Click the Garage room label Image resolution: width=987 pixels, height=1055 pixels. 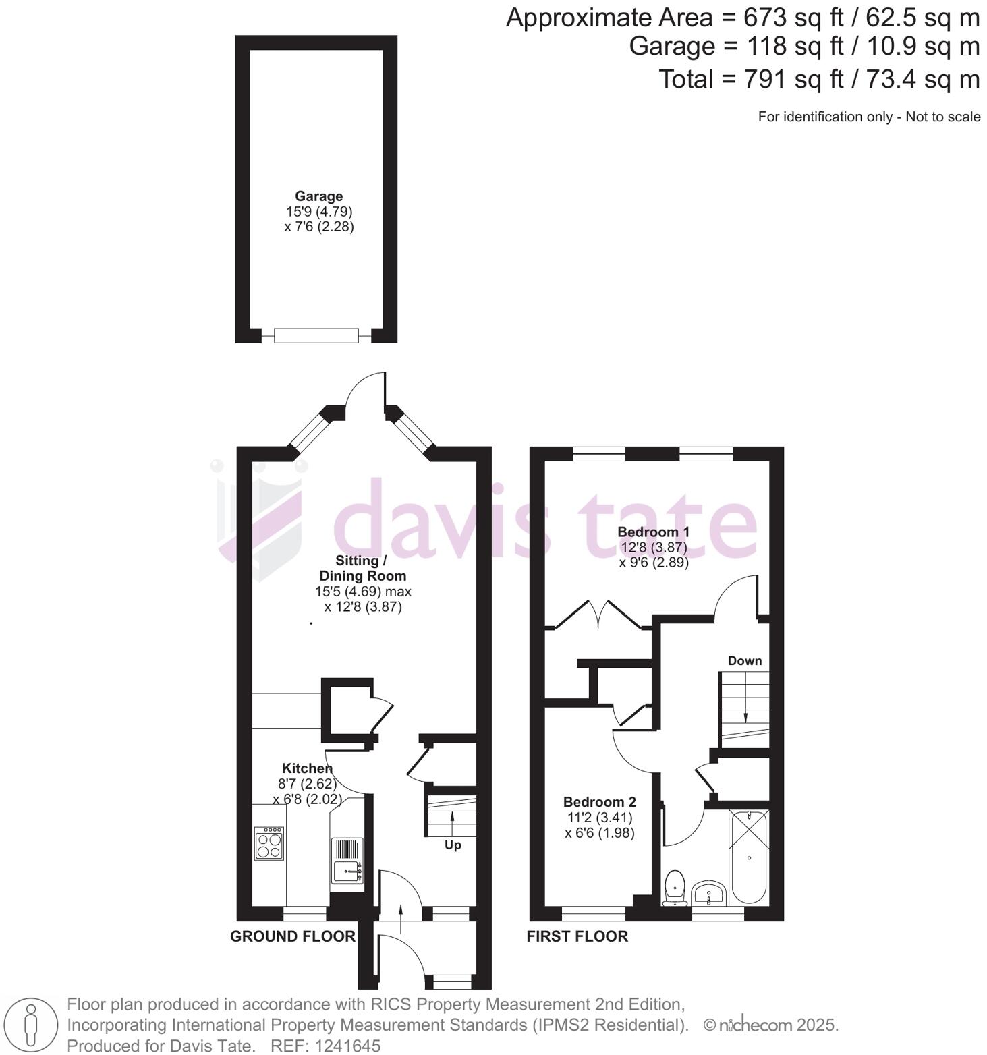click(318, 196)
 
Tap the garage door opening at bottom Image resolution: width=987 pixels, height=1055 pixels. click(316, 335)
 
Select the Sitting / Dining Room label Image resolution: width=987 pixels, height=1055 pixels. click(362, 568)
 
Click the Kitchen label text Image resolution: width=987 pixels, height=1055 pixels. click(307, 768)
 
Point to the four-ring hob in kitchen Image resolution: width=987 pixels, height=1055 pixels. click(269, 843)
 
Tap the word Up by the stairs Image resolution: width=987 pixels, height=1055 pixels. click(453, 845)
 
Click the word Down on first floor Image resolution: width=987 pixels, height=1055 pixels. click(744, 661)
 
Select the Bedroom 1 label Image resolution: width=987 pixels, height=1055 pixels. click(653, 532)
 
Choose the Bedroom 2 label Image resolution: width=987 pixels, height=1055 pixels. click(599, 802)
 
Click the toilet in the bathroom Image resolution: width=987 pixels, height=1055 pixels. click(675, 887)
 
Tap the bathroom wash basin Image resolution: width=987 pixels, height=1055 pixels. click(708, 893)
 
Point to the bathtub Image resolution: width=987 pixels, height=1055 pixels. click(749, 857)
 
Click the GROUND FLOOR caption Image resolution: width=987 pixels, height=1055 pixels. click(292, 936)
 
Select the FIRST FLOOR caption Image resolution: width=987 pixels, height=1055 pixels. click(577, 936)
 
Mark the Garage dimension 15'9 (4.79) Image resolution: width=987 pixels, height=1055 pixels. click(319, 212)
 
